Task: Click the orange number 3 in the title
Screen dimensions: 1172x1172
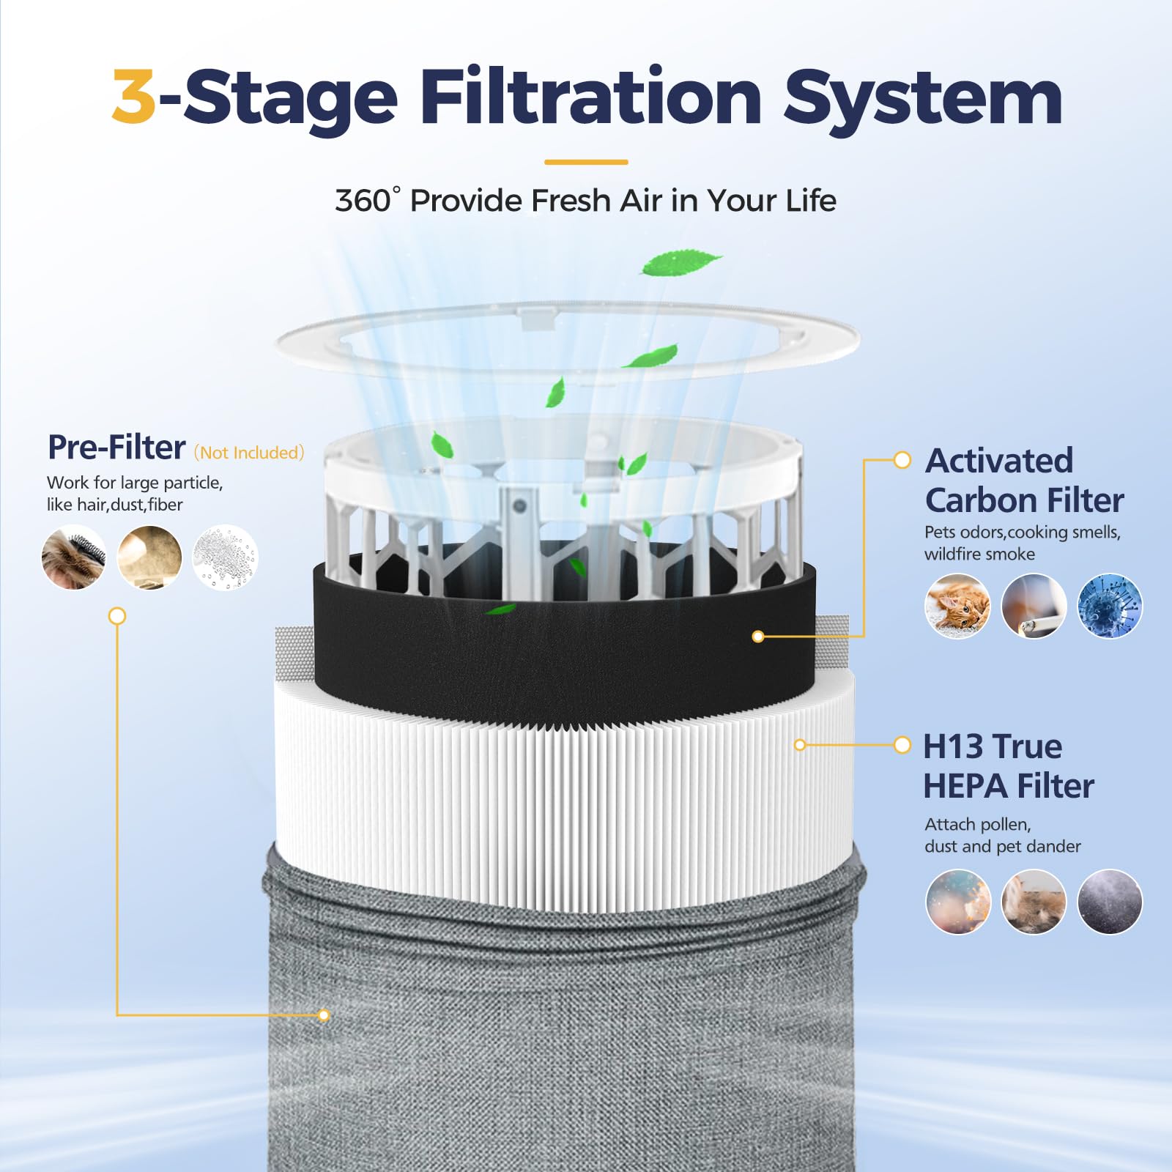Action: point(134,97)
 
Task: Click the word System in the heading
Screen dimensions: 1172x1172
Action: point(922,99)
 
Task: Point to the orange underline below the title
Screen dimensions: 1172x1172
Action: point(586,162)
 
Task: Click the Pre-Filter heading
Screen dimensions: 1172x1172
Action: point(116,448)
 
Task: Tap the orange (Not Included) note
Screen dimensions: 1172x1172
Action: point(249,453)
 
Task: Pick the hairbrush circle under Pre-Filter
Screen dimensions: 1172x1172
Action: point(73,557)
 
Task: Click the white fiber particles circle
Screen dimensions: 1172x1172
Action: point(225,557)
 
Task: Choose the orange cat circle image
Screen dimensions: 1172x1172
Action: point(957,606)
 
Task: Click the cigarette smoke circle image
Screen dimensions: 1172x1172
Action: point(1034,606)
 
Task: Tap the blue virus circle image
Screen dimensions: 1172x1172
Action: point(1110,606)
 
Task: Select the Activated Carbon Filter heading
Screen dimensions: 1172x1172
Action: point(1023,481)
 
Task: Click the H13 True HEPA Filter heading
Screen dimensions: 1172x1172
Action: point(1008,766)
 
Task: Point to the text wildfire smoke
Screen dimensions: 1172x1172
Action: point(979,555)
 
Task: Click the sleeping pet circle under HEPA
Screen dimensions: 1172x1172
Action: point(1034,902)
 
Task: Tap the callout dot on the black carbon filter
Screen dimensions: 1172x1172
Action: point(758,637)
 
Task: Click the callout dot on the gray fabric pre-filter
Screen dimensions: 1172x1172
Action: point(324,1015)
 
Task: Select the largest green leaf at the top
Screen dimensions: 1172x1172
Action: point(680,262)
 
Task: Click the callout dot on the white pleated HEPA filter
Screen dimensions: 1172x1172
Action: point(800,745)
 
